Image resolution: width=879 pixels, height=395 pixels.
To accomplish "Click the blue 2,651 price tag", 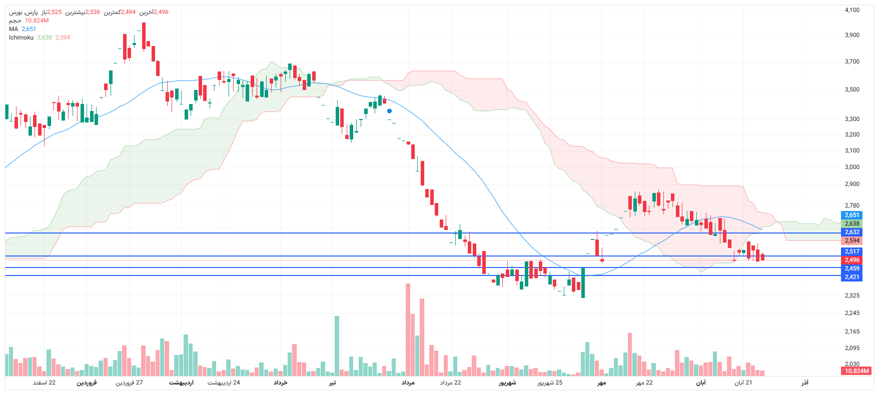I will pos(852,215).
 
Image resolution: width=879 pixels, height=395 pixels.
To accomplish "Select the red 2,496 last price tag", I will pos(852,260).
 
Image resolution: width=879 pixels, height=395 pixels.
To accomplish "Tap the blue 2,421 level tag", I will pos(852,277).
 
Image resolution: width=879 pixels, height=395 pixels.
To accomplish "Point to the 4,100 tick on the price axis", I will pos(852,10).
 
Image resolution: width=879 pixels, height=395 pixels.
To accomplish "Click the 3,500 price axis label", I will pos(852,89).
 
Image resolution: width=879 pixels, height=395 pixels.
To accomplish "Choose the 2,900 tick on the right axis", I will pos(852,184).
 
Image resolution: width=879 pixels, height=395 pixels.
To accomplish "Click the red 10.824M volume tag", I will pos(856,371).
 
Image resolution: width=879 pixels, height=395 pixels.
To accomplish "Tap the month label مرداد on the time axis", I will pos(408,382).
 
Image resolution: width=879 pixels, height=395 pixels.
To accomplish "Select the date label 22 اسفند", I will pos(45,382).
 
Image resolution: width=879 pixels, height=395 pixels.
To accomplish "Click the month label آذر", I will pos(805,382).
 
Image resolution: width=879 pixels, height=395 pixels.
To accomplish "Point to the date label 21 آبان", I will pos(743,382).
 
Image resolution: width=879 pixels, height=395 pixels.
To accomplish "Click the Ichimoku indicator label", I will pos(22,37).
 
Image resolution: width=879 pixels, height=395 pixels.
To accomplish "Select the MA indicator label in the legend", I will pos(14,29).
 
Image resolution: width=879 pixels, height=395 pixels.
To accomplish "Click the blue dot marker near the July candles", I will pos(389,111).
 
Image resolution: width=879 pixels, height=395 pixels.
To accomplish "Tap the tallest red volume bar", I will pos(408,330).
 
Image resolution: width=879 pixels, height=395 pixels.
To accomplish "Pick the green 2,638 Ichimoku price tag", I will pos(852,223).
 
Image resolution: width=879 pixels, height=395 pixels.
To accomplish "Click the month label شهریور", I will pos(507,382).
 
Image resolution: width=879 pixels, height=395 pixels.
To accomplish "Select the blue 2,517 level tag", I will pos(852,251).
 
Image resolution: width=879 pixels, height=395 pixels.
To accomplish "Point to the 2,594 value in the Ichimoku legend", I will pos(63,37).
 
